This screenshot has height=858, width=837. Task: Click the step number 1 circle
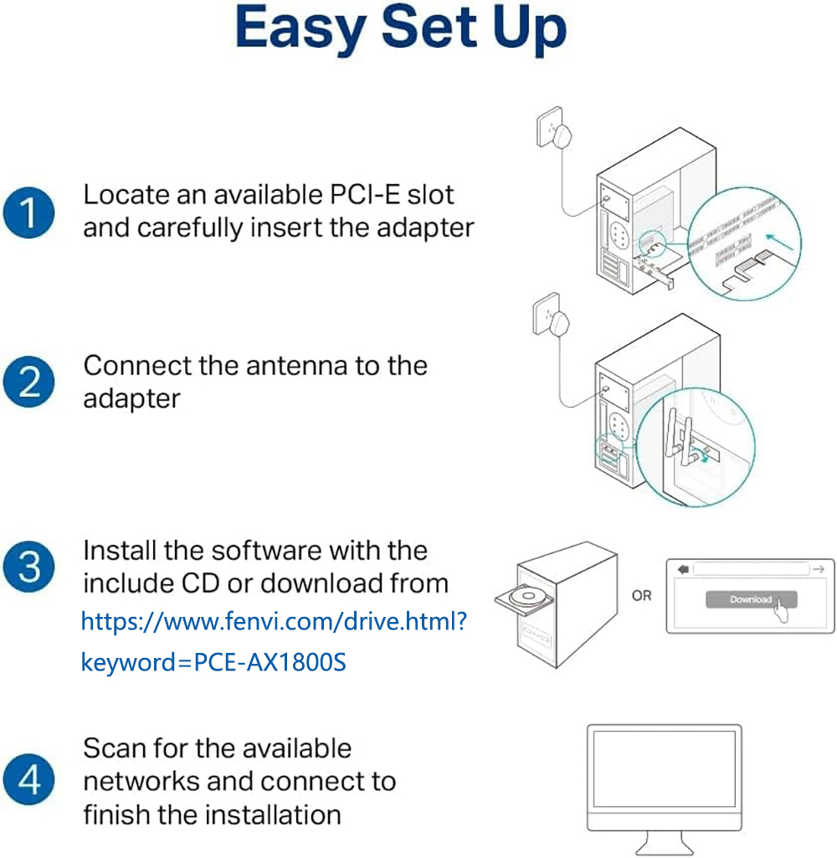[x=28, y=213]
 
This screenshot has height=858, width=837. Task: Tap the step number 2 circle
[x=28, y=383]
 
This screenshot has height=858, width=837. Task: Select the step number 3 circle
[x=28, y=567]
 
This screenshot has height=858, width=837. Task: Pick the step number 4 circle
[x=28, y=781]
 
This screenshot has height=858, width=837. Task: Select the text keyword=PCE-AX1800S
[x=213, y=662]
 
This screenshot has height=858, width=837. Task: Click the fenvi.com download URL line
[x=274, y=621]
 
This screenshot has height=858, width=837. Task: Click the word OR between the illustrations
[x=642, y=596]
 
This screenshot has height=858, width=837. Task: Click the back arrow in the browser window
[x=683, y=569]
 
